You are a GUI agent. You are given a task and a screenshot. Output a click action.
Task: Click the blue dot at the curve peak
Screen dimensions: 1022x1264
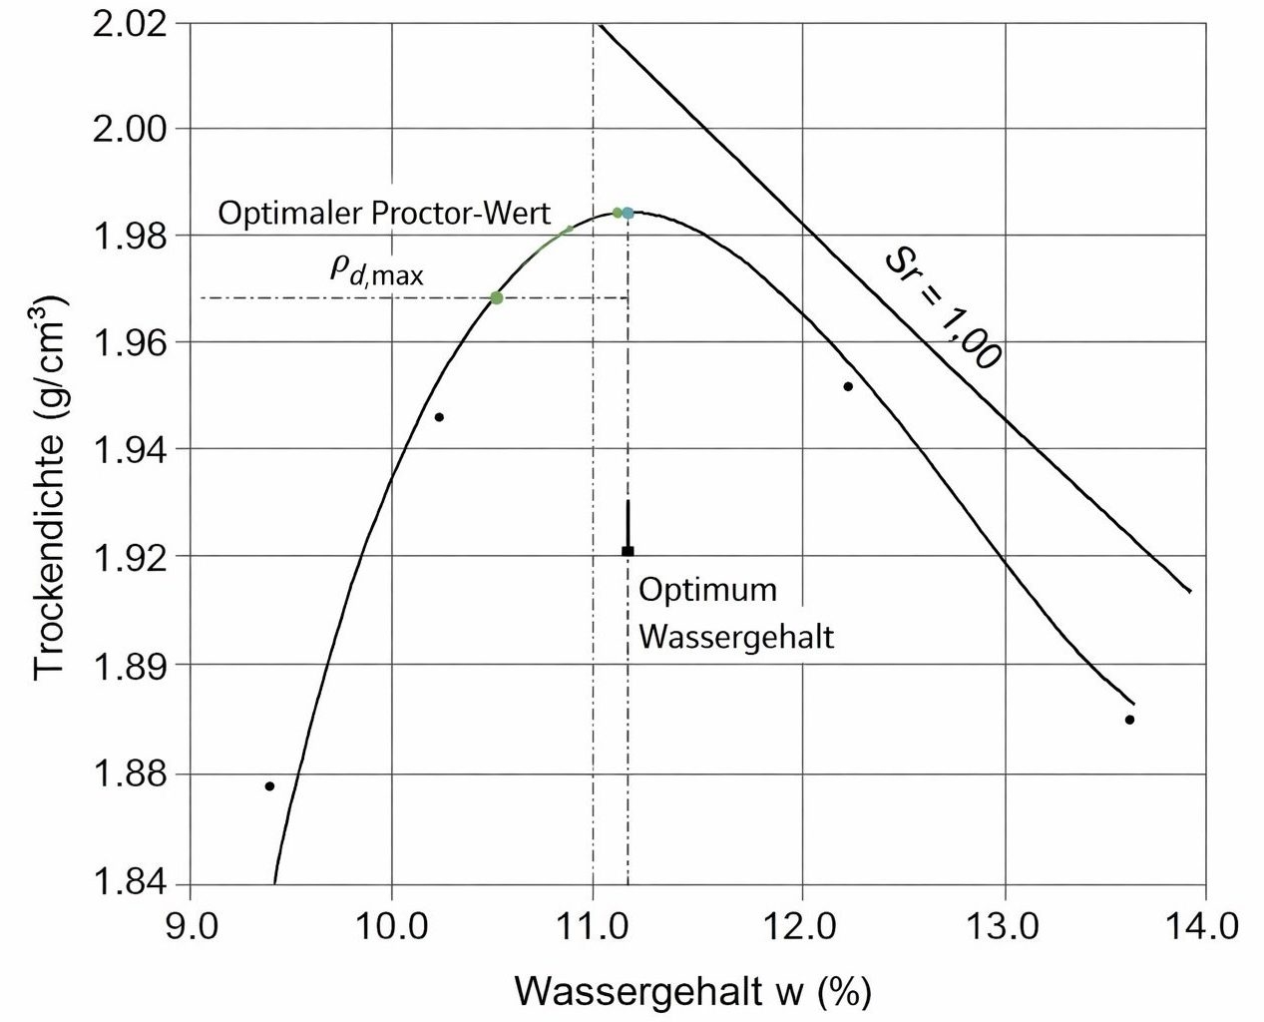coord(628,214)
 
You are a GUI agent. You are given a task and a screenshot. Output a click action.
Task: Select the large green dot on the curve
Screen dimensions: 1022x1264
coord(497,297)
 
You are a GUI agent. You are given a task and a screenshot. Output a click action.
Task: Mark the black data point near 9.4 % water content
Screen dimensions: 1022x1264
coord(269,786)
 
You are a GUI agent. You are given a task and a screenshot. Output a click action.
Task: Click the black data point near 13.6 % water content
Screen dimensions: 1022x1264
coord(1129,720)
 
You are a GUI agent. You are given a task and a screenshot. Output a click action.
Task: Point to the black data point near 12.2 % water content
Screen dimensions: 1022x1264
coord(848,386)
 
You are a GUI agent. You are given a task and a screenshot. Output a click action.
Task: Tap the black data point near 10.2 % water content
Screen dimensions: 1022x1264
coord(439,417)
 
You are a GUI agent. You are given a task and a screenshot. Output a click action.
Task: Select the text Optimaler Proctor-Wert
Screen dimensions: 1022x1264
coord(384,215)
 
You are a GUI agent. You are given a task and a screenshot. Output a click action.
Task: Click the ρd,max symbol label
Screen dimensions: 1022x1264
coord(377,270)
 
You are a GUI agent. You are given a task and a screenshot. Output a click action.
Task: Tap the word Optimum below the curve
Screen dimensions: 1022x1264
coord(707,590)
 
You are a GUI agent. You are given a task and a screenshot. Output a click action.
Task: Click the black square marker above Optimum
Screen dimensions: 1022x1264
coord(628,551)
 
